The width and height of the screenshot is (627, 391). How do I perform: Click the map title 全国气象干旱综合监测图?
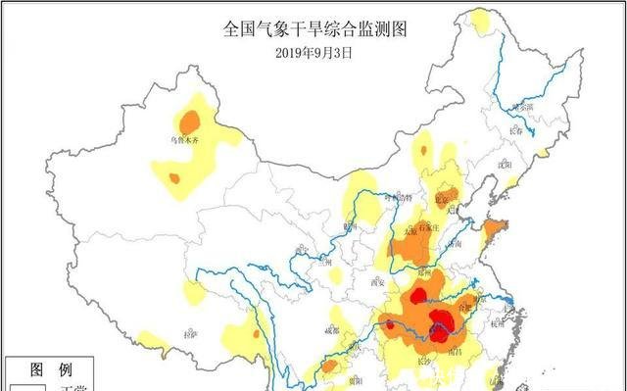(x=313, y=30)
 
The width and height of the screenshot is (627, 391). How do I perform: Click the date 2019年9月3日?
(x=313, y=53)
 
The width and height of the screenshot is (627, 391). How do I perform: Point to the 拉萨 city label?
(x=190, y=333)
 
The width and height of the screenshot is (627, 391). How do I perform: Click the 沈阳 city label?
(x=506, y=166)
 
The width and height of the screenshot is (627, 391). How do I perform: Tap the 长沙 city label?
(x=424, y=362)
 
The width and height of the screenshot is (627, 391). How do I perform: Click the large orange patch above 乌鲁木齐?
(x=190, y=122)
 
